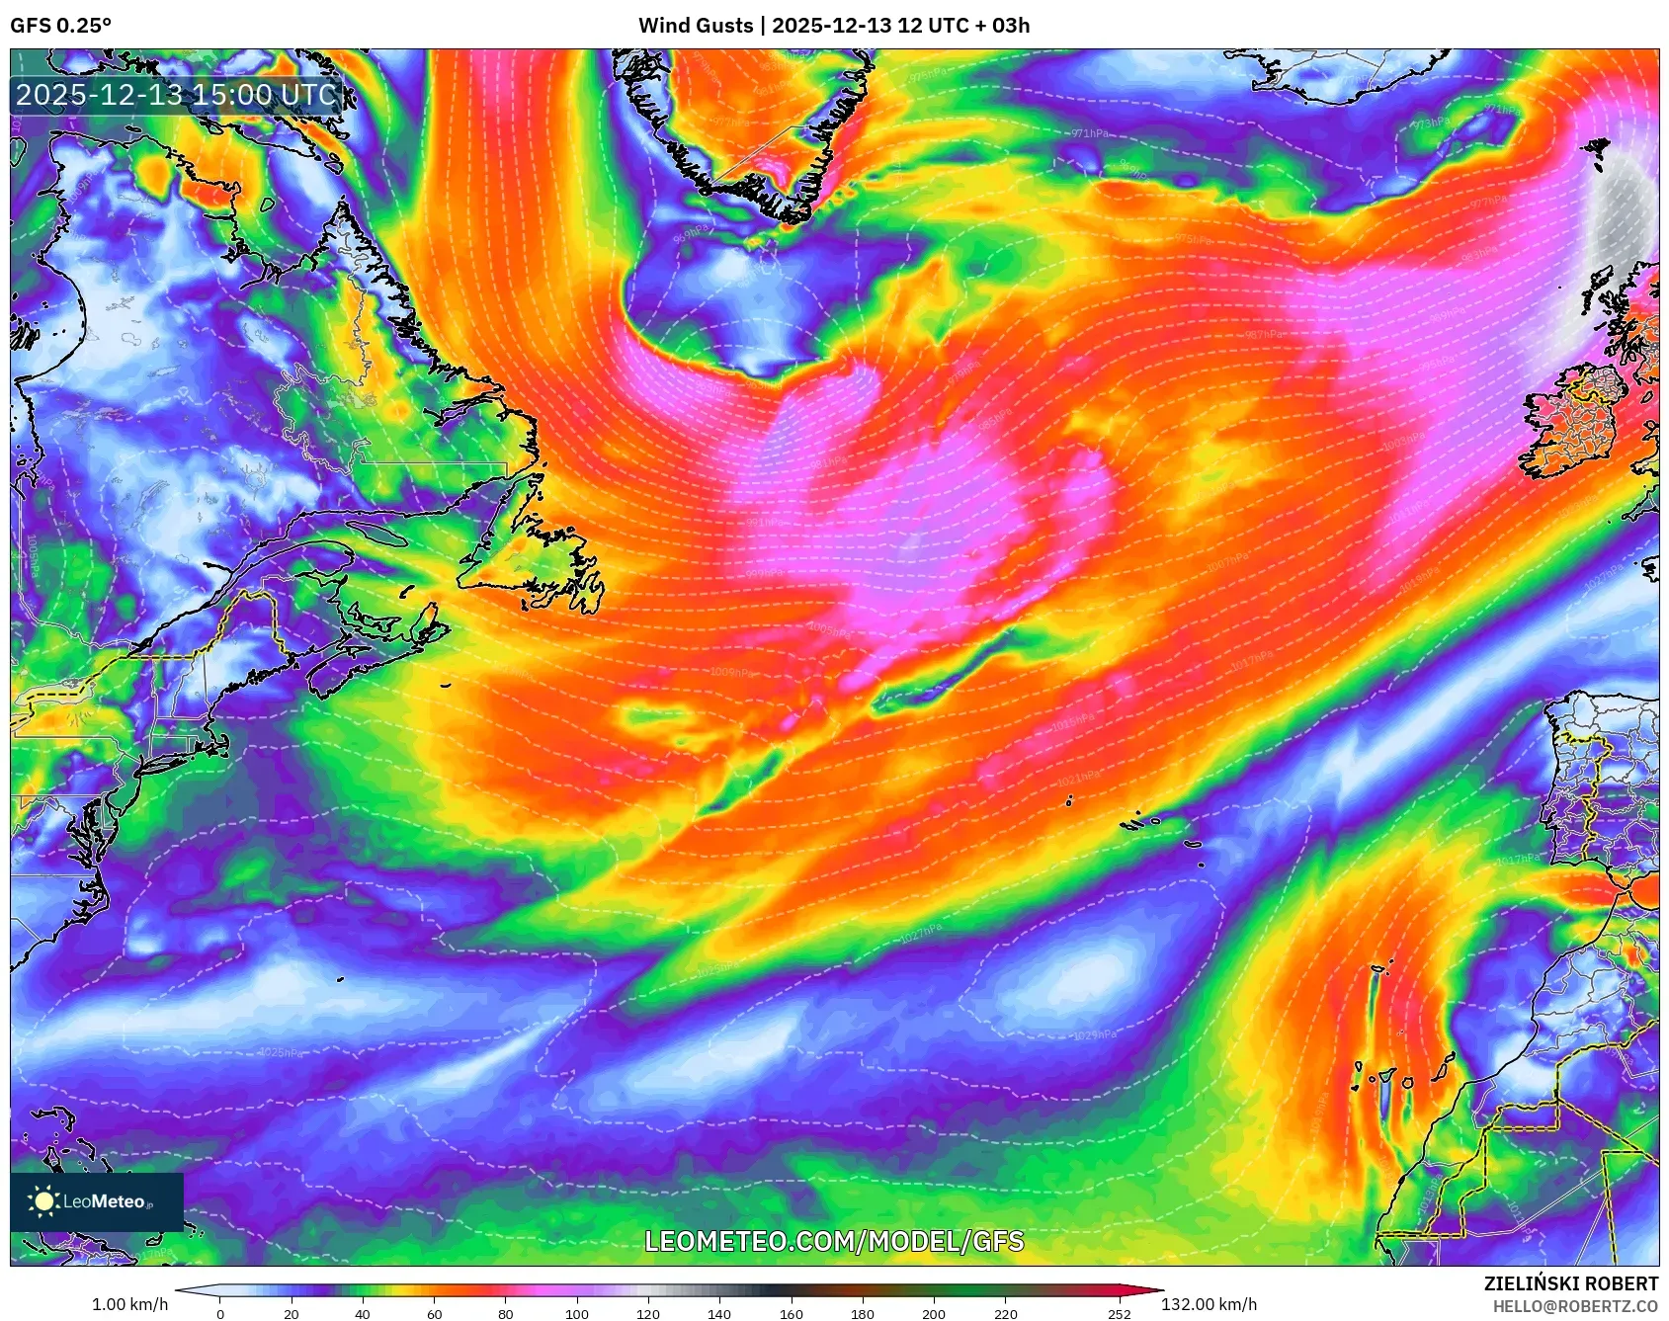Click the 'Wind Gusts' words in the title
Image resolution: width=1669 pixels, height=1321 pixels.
tap(695, 26)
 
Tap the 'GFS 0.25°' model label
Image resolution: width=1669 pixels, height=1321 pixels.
tap(60, 26)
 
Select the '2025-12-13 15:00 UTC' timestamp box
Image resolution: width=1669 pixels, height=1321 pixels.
tap(176, 95)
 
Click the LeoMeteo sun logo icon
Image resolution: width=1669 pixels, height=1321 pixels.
tap(44, 1200)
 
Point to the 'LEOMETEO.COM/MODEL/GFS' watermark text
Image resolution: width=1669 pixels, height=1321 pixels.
tap(834, 1241)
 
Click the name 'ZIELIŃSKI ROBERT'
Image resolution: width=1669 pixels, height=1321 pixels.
tap(1570, 1283)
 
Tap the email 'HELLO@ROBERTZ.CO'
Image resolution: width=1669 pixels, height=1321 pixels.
tap(1575, 1306)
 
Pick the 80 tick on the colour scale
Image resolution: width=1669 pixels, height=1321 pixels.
tap(506, 1313)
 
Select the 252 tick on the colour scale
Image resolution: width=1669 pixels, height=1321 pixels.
tap(1120, 1313)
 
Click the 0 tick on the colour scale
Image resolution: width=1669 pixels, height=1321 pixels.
tap(220, 1313)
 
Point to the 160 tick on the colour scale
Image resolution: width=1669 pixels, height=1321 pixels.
tap(791, 1313)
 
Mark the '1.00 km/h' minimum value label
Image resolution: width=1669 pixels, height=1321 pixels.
tap(129, 1304)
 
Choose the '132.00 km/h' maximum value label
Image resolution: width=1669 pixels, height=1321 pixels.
tap(1209, 1304)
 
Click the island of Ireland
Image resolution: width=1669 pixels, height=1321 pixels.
tap(1571, 420)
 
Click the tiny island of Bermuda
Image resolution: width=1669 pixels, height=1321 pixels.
tap(340, 980)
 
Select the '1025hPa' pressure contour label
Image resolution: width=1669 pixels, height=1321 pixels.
tap(281, 1052)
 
